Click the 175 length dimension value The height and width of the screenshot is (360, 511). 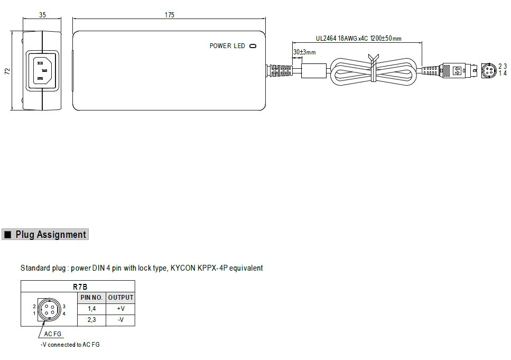tap(169, 15)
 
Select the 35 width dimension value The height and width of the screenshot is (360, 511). tap(42, 15)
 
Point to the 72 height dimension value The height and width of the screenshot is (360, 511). tap(7, 71)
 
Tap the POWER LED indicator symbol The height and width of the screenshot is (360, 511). tap(253, 46)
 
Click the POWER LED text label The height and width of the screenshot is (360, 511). tap(227, 46)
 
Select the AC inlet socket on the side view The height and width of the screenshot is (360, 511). tap(42, 70)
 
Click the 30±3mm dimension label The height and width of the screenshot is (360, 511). tap(304, 52)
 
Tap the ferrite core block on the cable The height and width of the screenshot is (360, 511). tap(313, 71)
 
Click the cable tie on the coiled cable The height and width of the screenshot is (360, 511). tap(374, 68)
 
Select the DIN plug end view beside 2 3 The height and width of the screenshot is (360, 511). tap(489, 71)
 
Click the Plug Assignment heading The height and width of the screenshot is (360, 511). tap(51, 235)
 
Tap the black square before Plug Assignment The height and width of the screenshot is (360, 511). tap(8, 235)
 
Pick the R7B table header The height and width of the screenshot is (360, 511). tap(80, 287)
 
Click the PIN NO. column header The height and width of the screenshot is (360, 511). tap(91, 298)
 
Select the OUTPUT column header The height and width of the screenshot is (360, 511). tap(120, 298)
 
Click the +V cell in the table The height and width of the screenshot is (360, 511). tap(120, 309)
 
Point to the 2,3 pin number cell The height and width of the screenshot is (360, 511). tap(91, 320)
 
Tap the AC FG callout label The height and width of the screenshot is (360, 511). tap(52, 334)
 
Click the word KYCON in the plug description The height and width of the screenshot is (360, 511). tap(183, 268)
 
